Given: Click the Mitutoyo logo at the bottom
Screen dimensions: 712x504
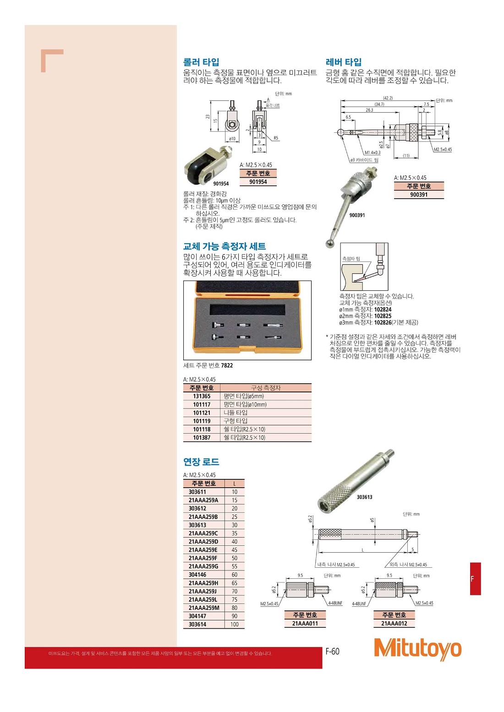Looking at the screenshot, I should point(417,648).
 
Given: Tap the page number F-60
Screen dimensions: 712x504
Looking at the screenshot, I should point(332,651).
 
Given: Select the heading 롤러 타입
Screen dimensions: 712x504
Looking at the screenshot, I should point(201,62).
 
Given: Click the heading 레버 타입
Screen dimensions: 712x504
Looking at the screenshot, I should point(344,62).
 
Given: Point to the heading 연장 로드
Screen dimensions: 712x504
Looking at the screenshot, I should point(201,462).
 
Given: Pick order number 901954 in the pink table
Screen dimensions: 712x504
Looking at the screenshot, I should point(258,182).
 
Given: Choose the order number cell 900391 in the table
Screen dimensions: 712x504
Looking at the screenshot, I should point(419,195).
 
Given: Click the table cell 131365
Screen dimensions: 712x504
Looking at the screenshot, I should point(202,396).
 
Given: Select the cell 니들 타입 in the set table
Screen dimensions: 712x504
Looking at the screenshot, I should point(236,413).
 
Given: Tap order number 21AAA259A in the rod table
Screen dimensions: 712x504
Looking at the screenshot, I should point(203,500).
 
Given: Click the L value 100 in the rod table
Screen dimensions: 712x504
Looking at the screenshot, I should point(235,624).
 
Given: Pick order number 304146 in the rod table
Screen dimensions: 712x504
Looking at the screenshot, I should point(197,575).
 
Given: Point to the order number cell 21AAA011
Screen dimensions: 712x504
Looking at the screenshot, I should point(305,623).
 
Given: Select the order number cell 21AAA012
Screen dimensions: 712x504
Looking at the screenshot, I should point(394,623).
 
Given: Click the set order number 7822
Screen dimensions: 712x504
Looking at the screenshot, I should point(227,365).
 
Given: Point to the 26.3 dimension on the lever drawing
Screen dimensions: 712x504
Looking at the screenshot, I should point(369,110).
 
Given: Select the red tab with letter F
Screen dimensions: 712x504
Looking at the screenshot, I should point(475,579).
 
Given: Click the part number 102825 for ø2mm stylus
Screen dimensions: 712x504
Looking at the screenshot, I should point(383,316).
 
